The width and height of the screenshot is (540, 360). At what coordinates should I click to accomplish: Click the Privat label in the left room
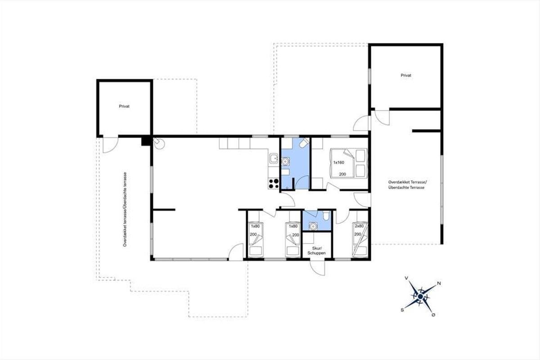point(124,106)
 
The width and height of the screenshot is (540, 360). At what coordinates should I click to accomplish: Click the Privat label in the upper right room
point(406,76)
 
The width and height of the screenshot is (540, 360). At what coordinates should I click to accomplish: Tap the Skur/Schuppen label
point(316,251)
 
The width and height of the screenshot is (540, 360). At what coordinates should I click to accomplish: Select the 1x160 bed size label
point(339,162)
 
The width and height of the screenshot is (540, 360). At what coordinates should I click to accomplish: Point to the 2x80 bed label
point(359,226)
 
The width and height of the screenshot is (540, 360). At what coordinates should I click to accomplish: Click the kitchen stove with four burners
point(274,183)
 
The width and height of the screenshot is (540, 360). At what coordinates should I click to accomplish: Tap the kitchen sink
point(274,159)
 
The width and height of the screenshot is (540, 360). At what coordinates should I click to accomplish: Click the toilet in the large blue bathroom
point(304,143)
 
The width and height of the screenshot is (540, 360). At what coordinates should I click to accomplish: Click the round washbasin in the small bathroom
point(313,226)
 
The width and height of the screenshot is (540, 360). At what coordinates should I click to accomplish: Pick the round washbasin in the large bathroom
point(285,161)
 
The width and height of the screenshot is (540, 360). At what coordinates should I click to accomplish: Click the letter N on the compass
point(439,283)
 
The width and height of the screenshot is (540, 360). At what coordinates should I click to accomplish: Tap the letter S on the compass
point(402,310)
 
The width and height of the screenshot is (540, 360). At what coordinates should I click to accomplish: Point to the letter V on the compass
point(406,278)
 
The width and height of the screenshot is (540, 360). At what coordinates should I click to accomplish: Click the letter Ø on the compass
point(433,315)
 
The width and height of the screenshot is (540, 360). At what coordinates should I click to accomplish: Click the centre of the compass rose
point(420,297)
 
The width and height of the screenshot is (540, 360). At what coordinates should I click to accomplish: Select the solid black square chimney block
point(145,141)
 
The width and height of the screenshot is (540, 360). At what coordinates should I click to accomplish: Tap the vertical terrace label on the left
point(125,209)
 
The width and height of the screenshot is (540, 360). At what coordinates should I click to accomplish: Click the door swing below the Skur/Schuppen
point(318,268)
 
